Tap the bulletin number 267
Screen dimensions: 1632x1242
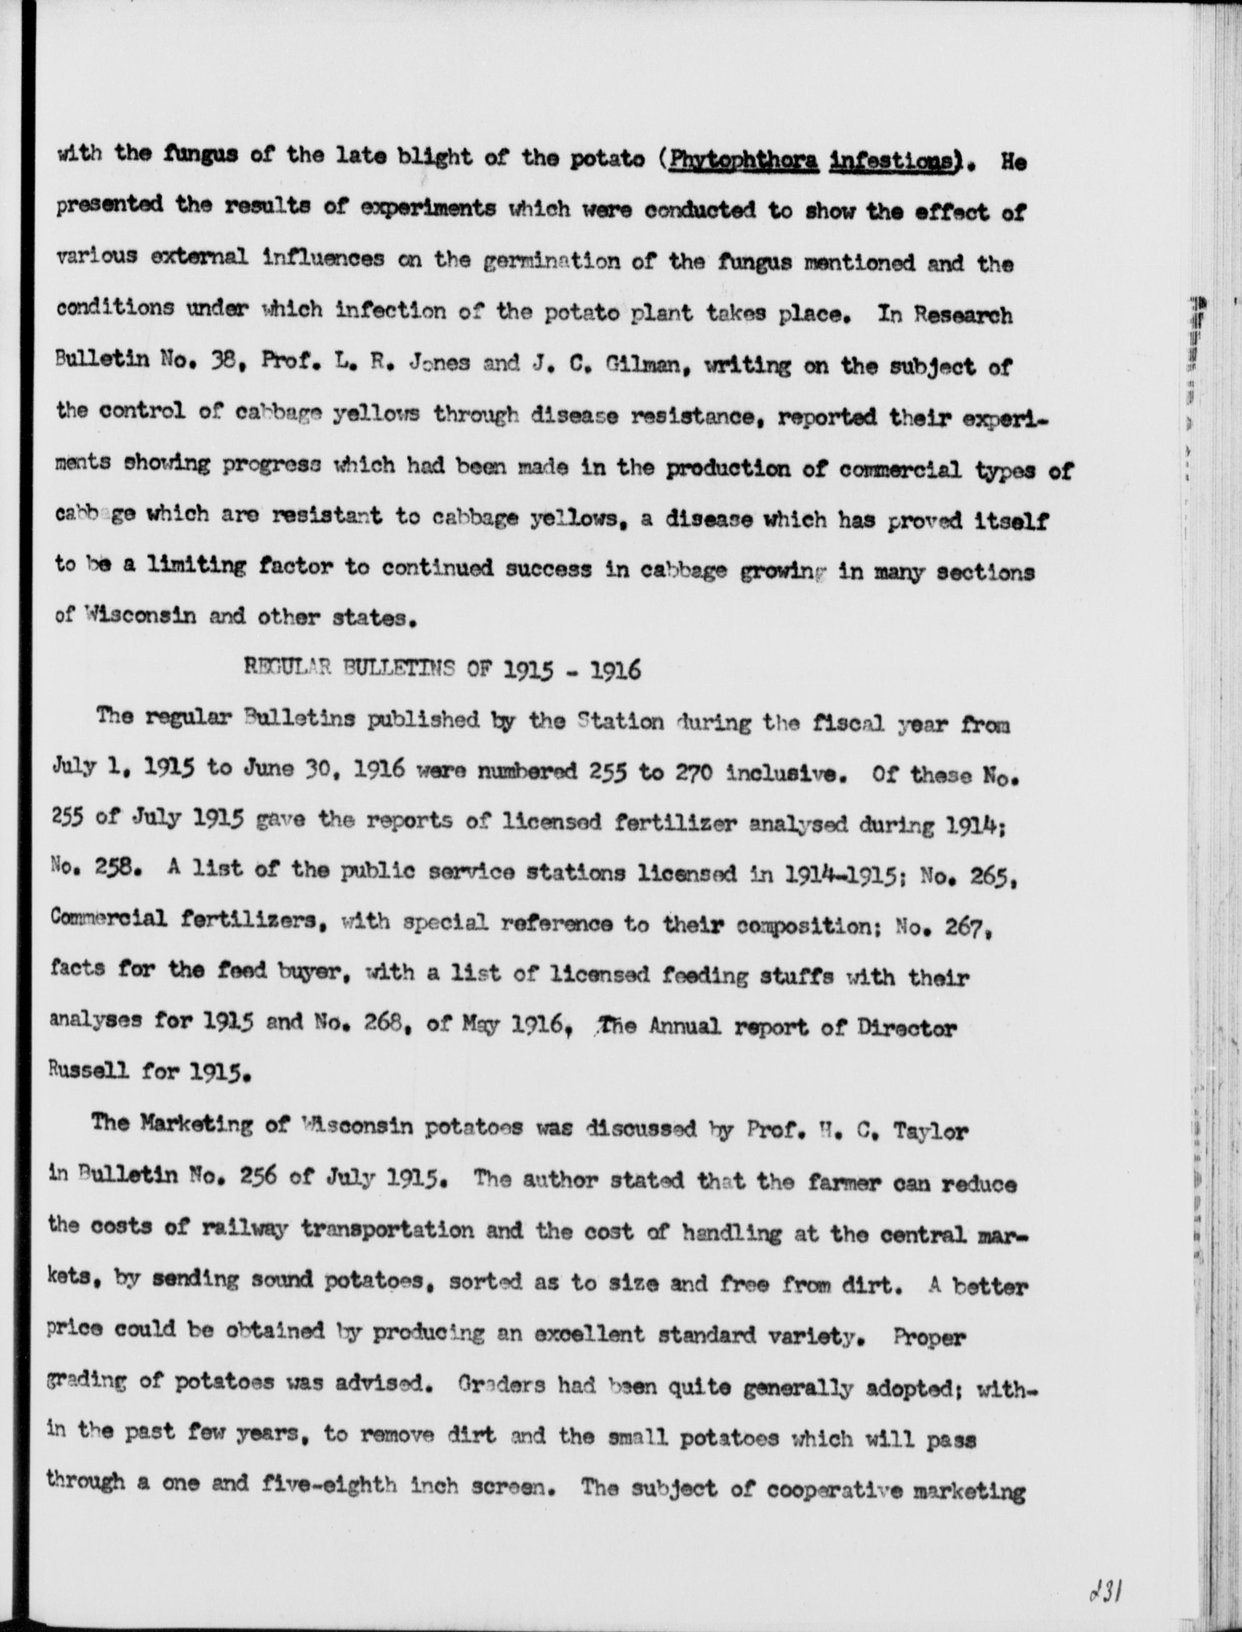(x=962, y=924)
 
